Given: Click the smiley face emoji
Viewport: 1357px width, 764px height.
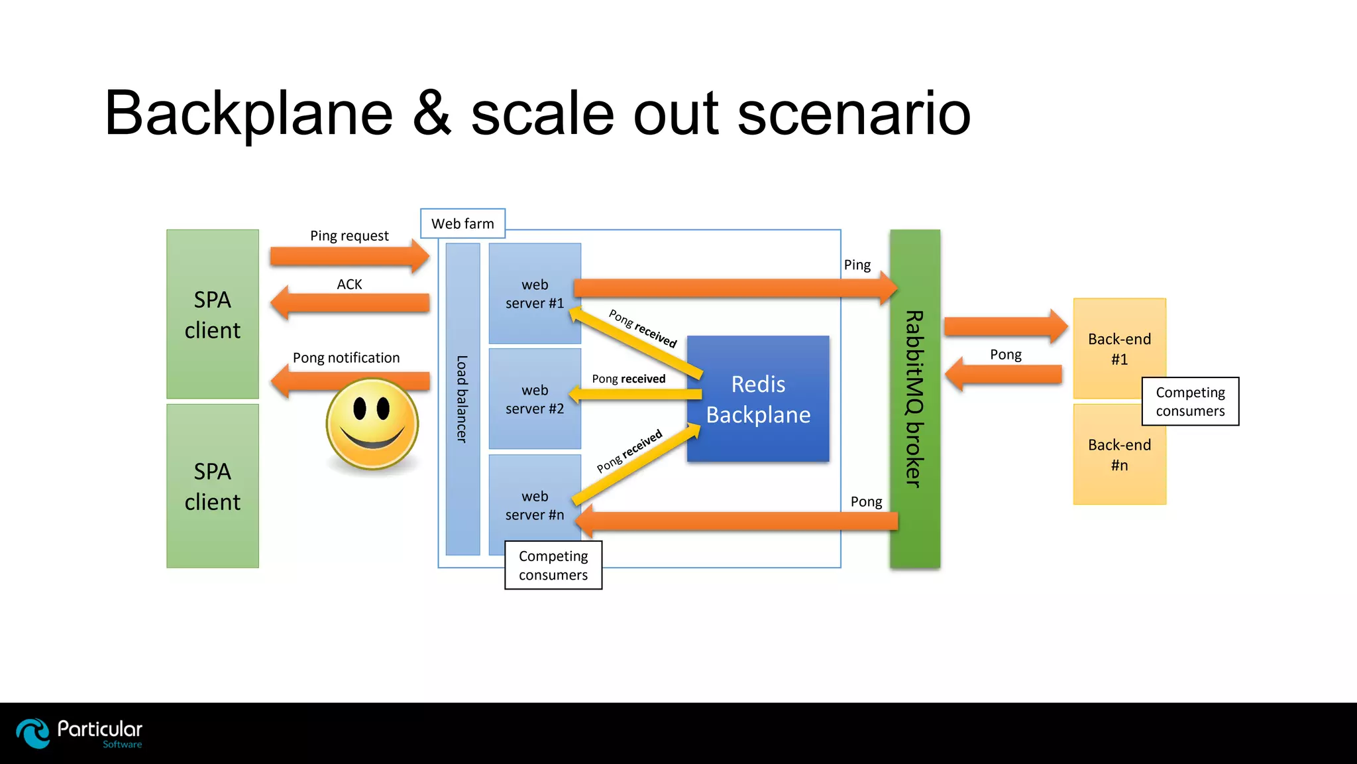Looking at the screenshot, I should point(372,423).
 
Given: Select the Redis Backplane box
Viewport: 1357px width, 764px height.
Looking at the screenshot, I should point(758,399).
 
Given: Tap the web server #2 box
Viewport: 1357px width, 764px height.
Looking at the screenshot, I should point(535,399).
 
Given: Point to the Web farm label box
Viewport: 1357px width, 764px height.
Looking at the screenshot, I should point(462,223).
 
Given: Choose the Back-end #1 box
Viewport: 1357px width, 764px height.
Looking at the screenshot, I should point(1119,348).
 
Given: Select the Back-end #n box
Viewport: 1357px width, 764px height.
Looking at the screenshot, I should point(1119,455).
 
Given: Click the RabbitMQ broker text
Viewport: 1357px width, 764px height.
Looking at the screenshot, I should point(914,399).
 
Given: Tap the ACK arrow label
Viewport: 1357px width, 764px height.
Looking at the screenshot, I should point(349,285).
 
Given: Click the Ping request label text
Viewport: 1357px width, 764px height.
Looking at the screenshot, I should point(349,236).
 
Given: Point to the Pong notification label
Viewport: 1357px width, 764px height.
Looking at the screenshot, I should point(346,358).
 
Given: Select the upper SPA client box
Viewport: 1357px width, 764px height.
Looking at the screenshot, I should point(213,314).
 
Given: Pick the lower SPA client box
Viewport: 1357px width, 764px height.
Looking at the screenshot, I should point(213,486).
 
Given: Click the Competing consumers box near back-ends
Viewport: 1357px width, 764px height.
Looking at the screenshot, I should point(1190,402).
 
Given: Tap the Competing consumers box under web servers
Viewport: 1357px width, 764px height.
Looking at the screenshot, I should point(553,566).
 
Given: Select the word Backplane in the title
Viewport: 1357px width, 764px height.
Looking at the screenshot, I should point(249,114).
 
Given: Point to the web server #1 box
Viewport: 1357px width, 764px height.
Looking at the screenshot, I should point(535,293).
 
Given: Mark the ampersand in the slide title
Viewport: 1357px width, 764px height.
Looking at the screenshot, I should point(432,114).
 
